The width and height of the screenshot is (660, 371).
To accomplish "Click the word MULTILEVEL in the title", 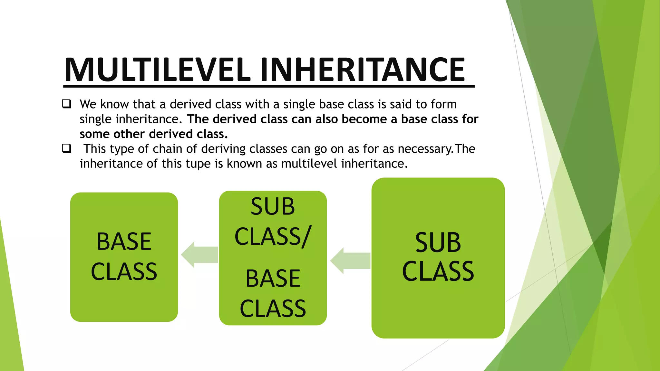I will click(x=157, y=70).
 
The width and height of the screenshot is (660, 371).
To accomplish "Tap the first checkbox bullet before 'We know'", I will click(x=67, y=104).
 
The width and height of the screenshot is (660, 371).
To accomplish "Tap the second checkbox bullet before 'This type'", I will click(x=67, y=148).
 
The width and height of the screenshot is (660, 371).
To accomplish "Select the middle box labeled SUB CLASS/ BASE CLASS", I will click(x=273, y=258).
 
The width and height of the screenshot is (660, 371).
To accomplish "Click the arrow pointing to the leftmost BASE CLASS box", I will click(x=199, y=254).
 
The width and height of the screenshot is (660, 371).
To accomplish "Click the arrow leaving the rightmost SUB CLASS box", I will click(x=350, y=261).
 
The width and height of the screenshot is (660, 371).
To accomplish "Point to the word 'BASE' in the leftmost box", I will click(x=124, y=241).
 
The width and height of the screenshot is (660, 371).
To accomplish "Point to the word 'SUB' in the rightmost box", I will click(x=438, y=242).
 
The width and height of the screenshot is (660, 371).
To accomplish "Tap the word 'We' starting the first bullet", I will click(x=88, y=104).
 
